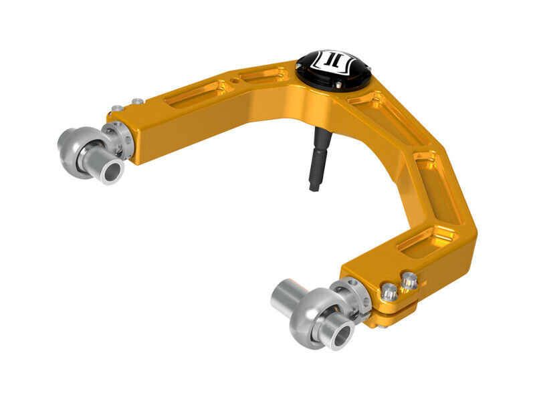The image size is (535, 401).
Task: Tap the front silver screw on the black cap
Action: click(338, 85)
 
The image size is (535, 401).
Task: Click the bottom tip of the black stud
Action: click(314, 188)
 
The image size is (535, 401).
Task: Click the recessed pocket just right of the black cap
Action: click(371, 102)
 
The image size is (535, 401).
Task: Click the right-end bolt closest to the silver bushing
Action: click(389, 291)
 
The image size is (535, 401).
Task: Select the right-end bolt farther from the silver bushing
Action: click(410, 279)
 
